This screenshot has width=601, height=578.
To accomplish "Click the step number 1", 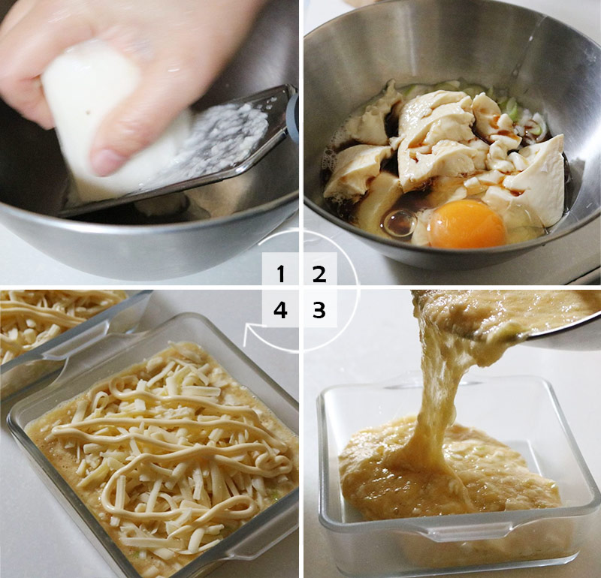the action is (x=281, y=274).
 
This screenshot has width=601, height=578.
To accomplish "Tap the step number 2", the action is (x=319, y=274).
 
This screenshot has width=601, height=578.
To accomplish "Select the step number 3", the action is (x=319, y=310).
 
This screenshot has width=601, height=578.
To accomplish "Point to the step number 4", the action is (x=280, y=310).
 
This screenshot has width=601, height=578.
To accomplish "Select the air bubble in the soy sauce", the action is (x=399, y=223).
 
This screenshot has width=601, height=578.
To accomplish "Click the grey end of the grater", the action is (x=292, y=115).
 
